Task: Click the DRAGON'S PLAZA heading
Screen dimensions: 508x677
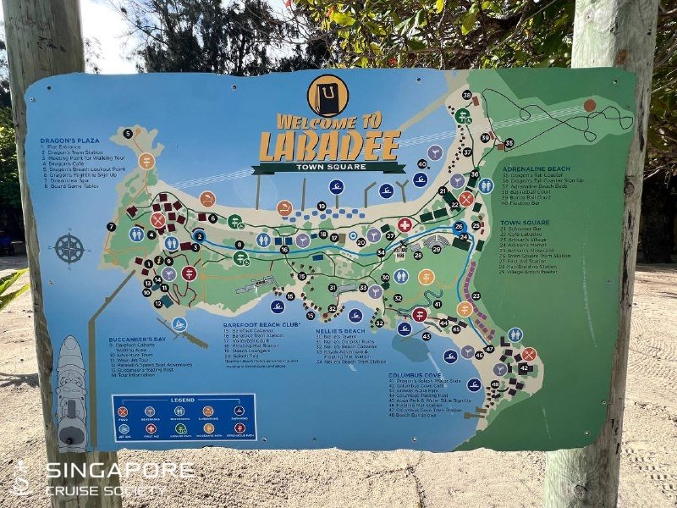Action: (69, 140)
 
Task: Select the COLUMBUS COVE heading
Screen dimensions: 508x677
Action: (415, 374)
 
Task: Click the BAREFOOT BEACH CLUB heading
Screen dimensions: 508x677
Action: (262, 324)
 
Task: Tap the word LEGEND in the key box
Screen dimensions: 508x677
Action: (182, 399)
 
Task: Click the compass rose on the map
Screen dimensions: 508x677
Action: (69, 249)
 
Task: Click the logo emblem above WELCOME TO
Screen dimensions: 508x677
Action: (327, 95)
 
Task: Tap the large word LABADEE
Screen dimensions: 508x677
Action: (329, 146)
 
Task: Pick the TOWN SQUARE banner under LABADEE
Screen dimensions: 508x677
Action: (328, 168)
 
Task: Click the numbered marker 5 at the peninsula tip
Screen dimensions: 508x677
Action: (128, 133)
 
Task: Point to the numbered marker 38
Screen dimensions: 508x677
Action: (466, 95)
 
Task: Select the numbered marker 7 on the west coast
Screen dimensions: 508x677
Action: (111, 227)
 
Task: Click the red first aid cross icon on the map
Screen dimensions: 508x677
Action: (405, 225)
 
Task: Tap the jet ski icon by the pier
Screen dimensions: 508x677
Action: (179, 323)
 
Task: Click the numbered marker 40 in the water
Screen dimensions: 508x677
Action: (421, 164)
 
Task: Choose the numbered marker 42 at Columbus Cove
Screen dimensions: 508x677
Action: (524, 367)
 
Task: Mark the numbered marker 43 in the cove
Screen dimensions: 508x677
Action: (426, 336)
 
